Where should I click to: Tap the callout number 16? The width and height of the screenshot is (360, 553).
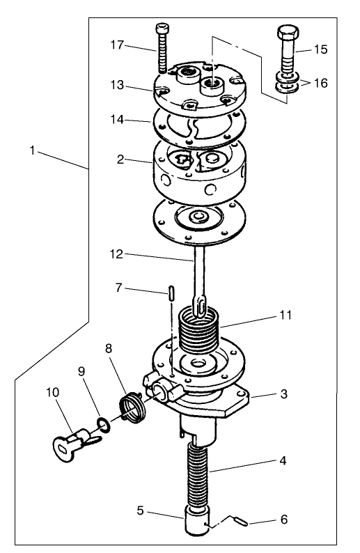point(319,82)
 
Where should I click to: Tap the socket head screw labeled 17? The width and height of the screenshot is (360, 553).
point(162,50)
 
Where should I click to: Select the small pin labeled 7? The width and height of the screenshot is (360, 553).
point(169,291)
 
